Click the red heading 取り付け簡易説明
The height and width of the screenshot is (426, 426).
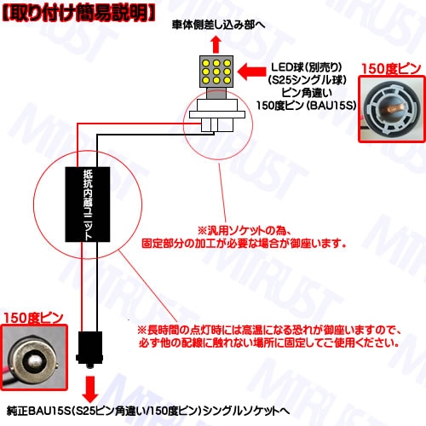pyautogui.click(x=78, y=14)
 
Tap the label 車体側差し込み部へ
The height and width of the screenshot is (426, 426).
pyautogui.click(x=218, y=25)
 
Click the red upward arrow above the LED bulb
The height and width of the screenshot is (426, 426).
pyautogui.click(x=216, y=44)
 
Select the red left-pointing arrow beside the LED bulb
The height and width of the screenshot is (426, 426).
pyautogui.click(x=251, y=72)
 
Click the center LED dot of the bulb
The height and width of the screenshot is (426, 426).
pyautogui.click(x=216, y=72)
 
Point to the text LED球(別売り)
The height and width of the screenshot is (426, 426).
pyautogui.click(x=306, y=67)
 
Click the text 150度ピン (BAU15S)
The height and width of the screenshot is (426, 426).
pyautogui.click(x=306, y=106)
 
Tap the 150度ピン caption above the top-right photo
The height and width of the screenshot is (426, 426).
pyautogui.click(x=391, y=68)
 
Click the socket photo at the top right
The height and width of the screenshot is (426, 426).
pyautogui.click(x=392, y=109)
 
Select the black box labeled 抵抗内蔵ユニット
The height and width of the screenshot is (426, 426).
pyautogui.click(x=88, y=204)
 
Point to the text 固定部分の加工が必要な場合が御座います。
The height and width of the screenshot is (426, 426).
pyautogui.click(x=245, y=244)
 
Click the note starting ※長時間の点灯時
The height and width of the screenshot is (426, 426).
pyautogui.click(x=269, y=330)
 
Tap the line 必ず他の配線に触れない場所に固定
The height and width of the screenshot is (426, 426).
pyautogui.click(x=269, y=343)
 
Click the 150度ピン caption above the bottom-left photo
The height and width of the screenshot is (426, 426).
pyautogui.click(x=33, y=318)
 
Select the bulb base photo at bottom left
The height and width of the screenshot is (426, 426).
pyautogui.click(x=34, y=358)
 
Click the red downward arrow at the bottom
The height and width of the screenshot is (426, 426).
pyautogui.click(x=90, y=389)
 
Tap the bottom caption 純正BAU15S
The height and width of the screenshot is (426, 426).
pyautogui.click(x=148, y=411)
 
